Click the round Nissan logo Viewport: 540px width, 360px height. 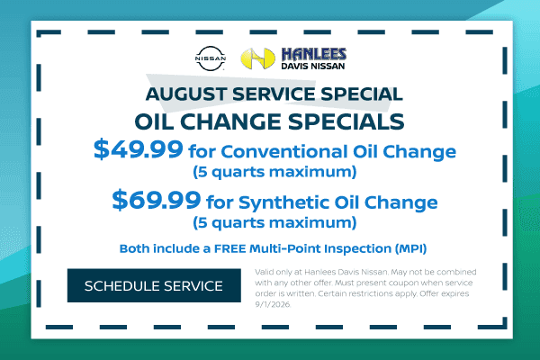click(x=211, y=58)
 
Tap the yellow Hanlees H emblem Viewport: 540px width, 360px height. click(x=257, y=58)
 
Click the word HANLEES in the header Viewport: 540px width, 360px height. click(x=314, y=54)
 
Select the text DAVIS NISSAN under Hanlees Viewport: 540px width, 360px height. click(x=312, y=66)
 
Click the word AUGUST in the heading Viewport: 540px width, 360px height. click(x=186, y=94)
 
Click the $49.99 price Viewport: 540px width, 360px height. click(x=138, y=149)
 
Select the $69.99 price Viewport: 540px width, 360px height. click(x=157, y=200)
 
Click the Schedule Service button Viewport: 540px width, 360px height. click(x=154, y=285)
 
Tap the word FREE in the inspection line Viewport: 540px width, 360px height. click(x=229, y=248)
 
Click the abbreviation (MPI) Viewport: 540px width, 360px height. click(x=410, y=248)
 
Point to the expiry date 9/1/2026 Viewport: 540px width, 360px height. click(x=273, y=304)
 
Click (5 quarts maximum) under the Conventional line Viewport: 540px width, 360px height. click(x=274, y=172)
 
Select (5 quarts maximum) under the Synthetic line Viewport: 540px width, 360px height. click(x=274, y=222)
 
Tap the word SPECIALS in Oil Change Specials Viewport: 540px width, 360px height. click(x=346, y=121)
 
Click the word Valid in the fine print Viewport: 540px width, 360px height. click(x=264, y=272)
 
